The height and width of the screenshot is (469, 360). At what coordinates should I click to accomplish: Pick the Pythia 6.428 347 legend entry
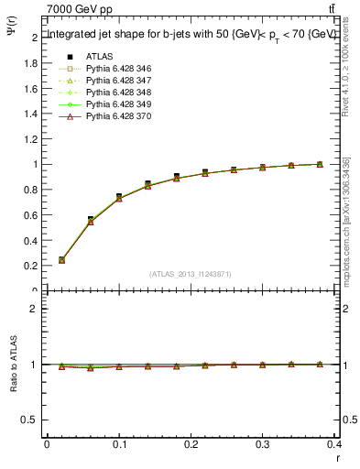[118, 81]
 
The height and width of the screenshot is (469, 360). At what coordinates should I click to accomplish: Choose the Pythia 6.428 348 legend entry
[118, 93]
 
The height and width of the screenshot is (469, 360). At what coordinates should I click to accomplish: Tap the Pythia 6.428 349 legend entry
[118, 105]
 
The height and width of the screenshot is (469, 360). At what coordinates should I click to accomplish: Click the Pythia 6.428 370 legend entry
[118, 117]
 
